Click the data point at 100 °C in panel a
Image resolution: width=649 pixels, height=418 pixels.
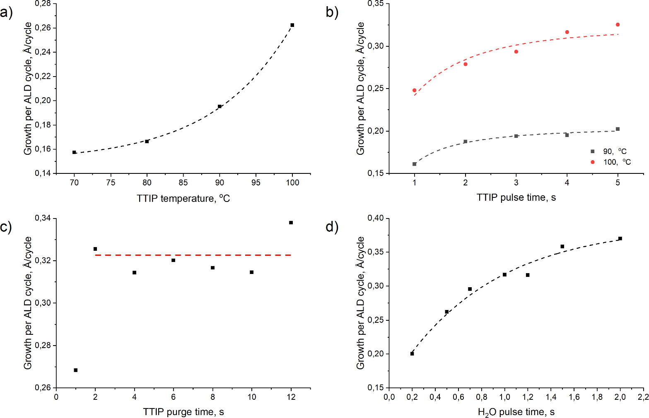pos(292,25)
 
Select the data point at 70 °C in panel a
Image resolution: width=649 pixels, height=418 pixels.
pos(74,152)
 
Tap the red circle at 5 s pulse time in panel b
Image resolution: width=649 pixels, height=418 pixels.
pos(618,25)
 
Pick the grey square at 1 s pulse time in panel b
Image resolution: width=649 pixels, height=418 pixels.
pos(415,164)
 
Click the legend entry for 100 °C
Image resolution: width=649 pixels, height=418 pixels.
pos(611,162)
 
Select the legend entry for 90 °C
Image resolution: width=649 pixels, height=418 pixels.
pos(609,151)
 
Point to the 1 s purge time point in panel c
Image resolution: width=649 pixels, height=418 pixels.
pos(76,370)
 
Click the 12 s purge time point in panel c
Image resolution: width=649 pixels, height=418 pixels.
pos(291,223)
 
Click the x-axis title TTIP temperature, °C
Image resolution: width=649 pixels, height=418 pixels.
pos(183,199)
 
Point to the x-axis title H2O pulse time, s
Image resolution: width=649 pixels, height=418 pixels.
pos(516,412)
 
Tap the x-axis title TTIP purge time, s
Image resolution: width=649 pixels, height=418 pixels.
pos(183,412)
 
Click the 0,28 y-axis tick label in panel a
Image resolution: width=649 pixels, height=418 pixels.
pos(43,4)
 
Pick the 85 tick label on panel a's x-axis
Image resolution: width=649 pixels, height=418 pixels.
pos(183,183)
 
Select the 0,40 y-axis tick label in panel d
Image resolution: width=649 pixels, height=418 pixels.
pos(375,218)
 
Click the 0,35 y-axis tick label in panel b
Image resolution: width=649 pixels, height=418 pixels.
pos(375,4)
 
